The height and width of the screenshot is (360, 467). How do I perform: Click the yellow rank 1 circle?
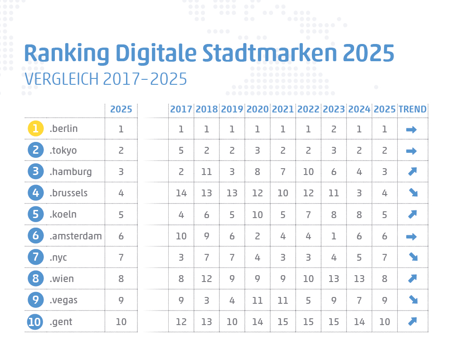(35, 129)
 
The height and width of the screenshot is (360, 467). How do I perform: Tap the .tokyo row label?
(63, 150)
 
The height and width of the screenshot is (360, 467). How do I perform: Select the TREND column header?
(412, 109)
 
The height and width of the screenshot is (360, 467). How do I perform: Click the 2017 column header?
(181, 109)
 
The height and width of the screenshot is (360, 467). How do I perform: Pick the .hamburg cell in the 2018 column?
(206, 172)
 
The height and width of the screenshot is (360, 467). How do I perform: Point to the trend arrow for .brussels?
(412, 193)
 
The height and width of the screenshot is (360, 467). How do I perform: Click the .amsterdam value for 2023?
(334, 236)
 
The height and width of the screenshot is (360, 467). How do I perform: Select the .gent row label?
(61, 322)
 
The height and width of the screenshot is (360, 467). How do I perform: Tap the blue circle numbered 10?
(35, 322)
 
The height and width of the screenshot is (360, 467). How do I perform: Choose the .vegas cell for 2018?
(206, 300)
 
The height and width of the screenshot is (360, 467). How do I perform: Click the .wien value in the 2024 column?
(359, 278)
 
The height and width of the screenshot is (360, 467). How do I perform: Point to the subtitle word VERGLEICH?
(62, 79)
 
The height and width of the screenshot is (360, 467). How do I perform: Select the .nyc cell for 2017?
(181, 258)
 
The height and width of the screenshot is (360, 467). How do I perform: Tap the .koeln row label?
(63, 214)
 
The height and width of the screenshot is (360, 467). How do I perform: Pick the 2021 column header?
(282, 109)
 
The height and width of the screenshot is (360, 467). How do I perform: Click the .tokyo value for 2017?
(181, 151)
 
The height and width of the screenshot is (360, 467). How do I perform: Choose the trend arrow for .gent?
(412, 321)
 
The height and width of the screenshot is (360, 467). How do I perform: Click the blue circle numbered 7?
(35, 258)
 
